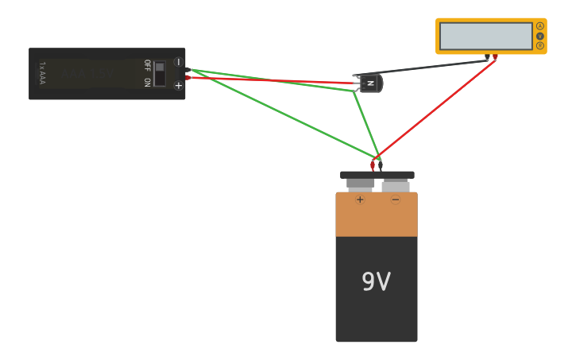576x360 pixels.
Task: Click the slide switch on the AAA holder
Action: [x=160, y=73]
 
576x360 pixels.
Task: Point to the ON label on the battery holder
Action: [x=147, y=81]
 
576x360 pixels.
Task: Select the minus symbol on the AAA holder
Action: [x=178, y=62]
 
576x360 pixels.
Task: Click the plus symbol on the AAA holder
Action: [x=178, y=85]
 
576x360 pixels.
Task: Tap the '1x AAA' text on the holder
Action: [x=42, y=73]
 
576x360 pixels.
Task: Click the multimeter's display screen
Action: [x=485, y=36]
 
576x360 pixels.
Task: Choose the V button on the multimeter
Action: [x=540, y=36]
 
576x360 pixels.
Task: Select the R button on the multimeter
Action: [x=540, y=45]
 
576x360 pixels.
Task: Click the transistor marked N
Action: [x=370, y=83]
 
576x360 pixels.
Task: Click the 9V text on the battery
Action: [x=376, y=282]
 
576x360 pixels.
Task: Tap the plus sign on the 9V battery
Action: [x=360, y=199]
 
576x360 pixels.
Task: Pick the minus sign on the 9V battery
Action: [x=395, y=199]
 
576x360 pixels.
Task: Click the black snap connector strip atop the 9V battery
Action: [x=377, y=175]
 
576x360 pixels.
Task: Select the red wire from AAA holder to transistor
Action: [x=270, y=80]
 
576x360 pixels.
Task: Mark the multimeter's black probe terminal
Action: [x=487, y=57]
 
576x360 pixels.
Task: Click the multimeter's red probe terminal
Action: [x=495, y=57]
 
